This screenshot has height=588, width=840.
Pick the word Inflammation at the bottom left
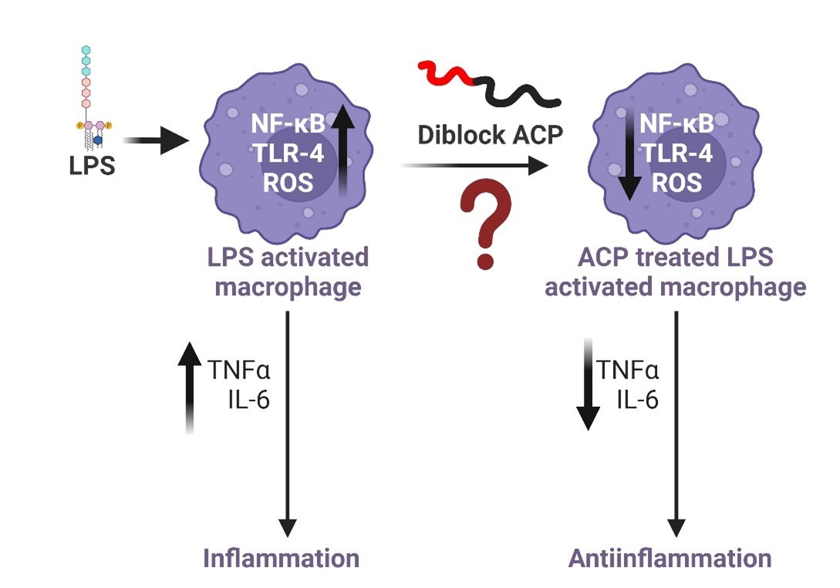(x=281, y=558)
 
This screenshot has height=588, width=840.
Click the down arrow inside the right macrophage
(x=629, y=154)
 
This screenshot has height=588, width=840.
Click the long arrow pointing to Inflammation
(x=288, y=424)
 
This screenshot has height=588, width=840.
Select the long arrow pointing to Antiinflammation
(x=676, y=424)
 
